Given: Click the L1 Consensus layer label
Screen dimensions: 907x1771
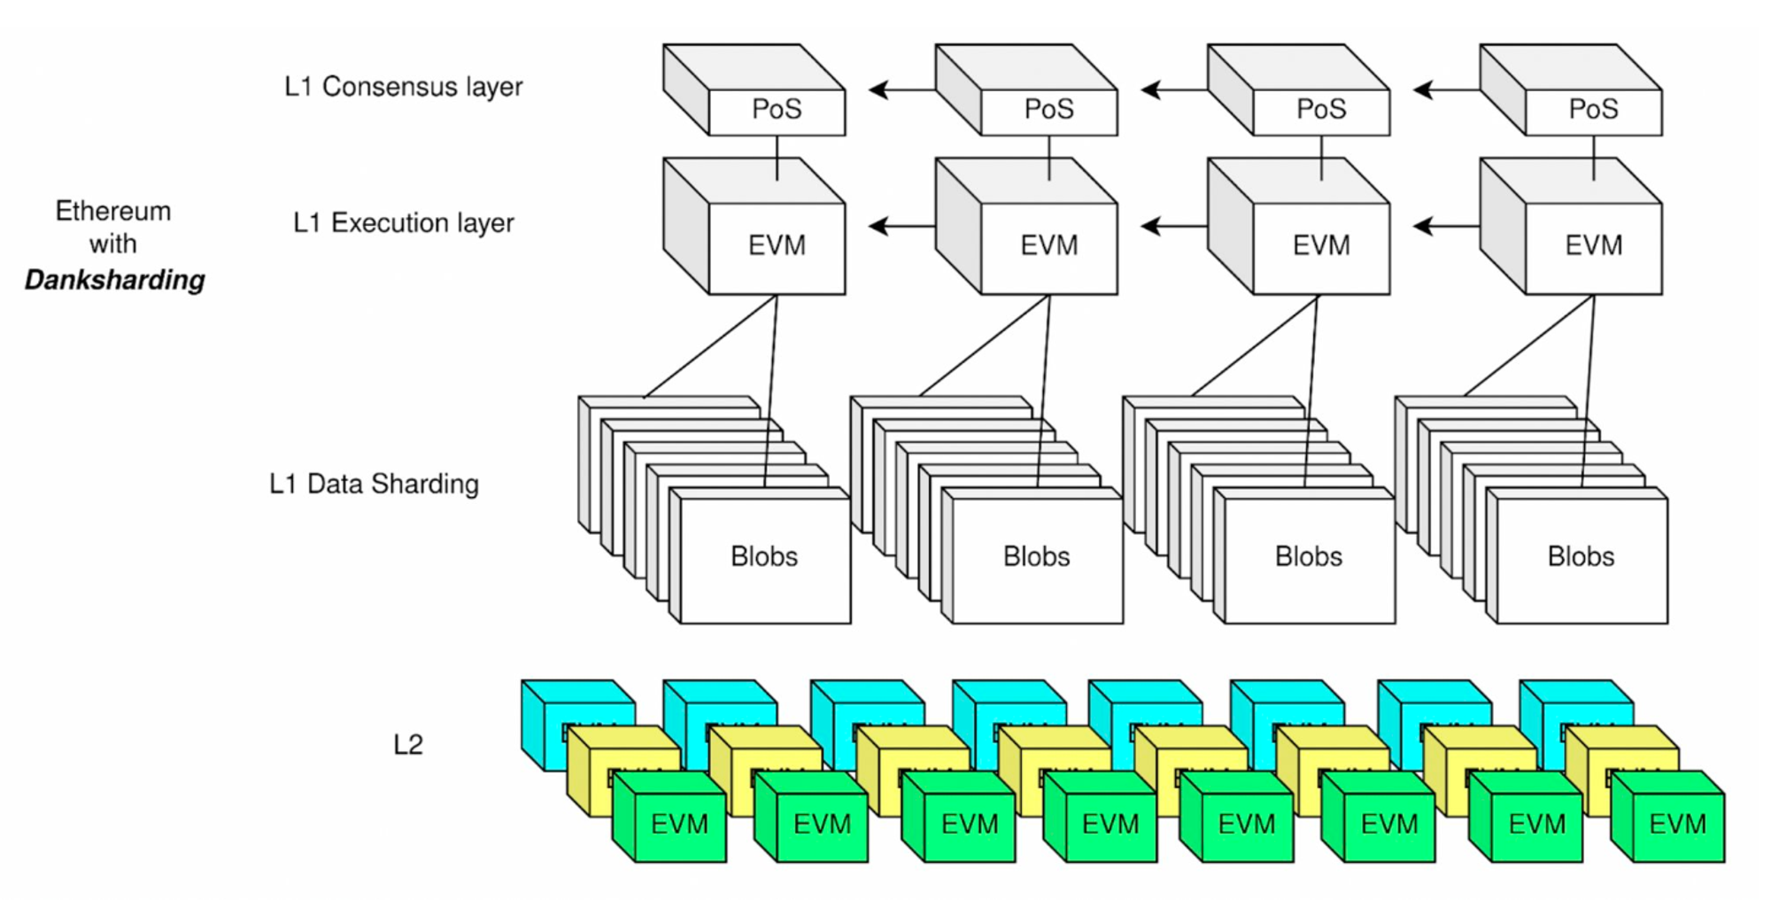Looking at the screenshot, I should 403,87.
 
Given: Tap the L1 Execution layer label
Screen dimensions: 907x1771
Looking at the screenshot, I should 403,222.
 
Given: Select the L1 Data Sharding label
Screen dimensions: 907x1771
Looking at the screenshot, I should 374,484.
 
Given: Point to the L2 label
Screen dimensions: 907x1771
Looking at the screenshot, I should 408,745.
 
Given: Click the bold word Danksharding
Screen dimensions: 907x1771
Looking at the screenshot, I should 114,280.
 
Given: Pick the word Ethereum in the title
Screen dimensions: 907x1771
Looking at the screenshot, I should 113,211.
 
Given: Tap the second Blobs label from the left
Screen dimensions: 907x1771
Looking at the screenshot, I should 1036,556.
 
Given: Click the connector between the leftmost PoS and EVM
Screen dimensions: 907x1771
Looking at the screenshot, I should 777,158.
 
